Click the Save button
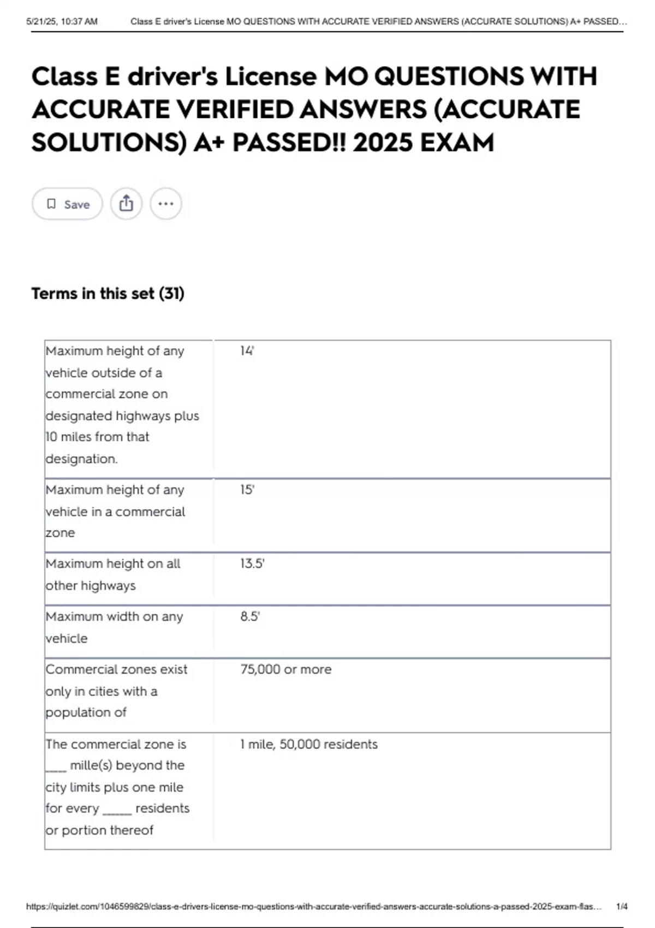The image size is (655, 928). coord(67,204)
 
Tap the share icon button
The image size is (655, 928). coord(126,204)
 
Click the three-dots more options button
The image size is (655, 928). coord(166,204)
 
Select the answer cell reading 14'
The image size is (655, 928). coord(247,351)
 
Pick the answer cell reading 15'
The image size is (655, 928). coord(247,490)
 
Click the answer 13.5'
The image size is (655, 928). coord(252,563)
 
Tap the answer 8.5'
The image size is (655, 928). coord(250,616)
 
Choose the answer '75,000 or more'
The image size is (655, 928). coord(285,669)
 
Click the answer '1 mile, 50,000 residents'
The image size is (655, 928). coord(308,744)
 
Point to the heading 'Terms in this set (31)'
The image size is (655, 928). coord(108,294)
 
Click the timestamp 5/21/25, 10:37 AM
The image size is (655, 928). coord(62,22)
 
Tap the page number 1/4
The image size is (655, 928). coord(622,907)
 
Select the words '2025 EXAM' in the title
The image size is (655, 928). coord(423,143)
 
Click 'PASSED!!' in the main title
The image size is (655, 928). coord(289,143)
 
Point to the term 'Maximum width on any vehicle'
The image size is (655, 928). coord(114,627)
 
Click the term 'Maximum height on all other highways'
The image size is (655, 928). coord(112,574)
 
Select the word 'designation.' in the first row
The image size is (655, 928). coord(81,459)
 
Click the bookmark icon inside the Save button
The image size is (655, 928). coord(51,204)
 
